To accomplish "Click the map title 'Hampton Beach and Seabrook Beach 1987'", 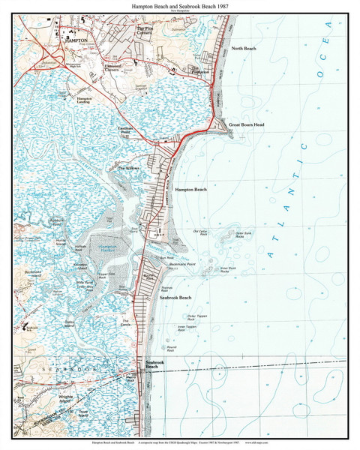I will pyautogui.click(x=179, y=4).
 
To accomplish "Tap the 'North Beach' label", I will pyautogui.click(x=244, y=49).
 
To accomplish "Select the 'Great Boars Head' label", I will pyautogui.click(x=247, y=123).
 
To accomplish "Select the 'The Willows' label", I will pyautogui.click(x=129, y=168).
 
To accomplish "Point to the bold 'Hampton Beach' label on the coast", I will pyautogui.click(x=190, y=190).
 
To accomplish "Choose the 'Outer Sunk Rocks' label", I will pyautogui.click(x=245, y=234).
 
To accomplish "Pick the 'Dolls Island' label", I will pyautogui.click(x=70, y=323).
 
